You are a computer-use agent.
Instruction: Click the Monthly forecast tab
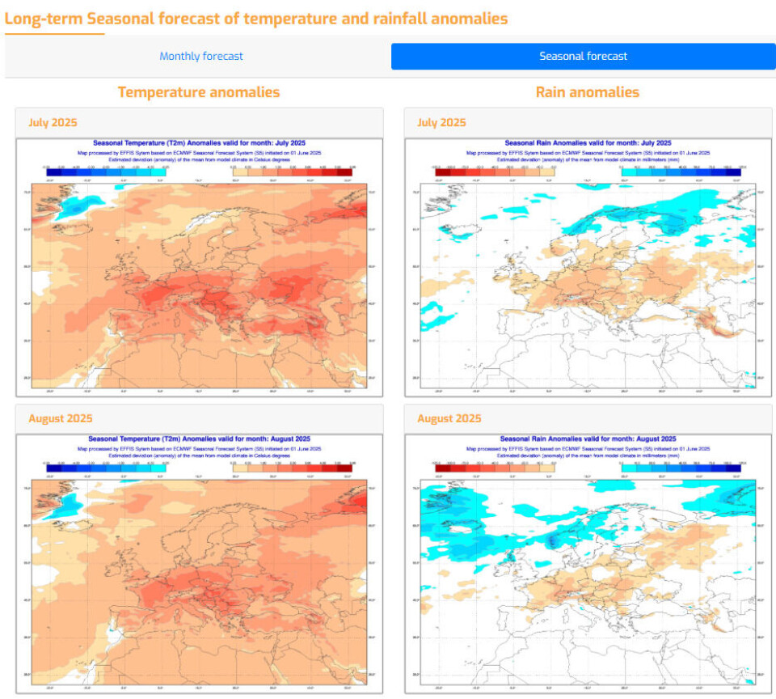click(201, 57)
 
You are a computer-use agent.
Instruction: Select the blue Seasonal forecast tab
click(583, 57)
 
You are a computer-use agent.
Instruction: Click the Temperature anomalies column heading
click(199, 92)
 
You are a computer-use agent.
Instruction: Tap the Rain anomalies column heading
click(587, 92)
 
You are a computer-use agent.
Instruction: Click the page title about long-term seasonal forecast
click(256, 18)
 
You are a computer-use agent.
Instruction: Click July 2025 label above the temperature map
click(53, 122)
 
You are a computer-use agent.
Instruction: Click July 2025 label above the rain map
click(441, 122)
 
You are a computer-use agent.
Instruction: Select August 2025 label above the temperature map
click(60, 418)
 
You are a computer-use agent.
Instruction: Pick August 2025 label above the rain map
click(449, 418)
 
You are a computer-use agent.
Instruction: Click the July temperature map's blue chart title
click(198, 143)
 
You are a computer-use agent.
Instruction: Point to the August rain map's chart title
click(587, 439)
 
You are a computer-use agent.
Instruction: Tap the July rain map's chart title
click(587, 143)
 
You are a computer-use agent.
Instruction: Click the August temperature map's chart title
click(198, 439)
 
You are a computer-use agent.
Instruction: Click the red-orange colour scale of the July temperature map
click(292, 171)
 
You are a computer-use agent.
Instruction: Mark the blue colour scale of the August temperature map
click(106, 467)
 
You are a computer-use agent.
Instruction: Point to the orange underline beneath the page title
click(54, 34)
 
